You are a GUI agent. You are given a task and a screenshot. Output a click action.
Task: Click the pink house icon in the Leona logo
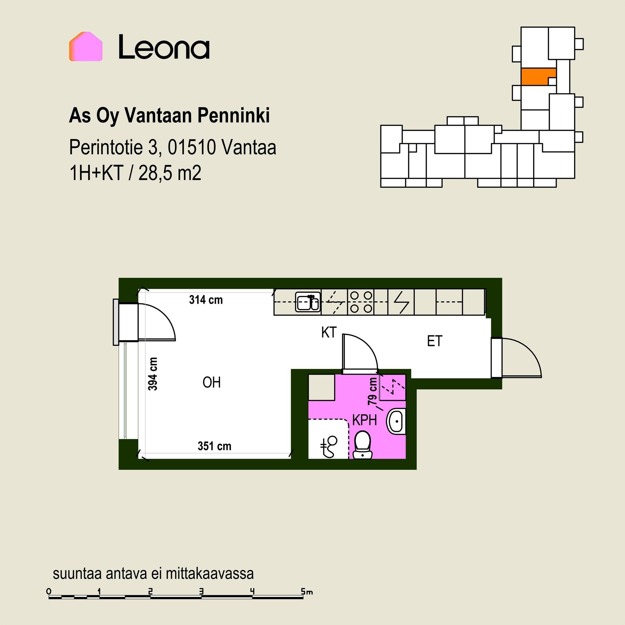click(x=86, y=47)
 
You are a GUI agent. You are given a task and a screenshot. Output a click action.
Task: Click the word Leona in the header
click(x=164, y=47)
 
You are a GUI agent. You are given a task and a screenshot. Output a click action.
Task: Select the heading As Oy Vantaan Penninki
click(x=169, y=116)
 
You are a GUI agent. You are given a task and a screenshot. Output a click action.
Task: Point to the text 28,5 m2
click(x=170, y=173)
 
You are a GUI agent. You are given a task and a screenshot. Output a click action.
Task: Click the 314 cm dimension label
click(x=206, y=300)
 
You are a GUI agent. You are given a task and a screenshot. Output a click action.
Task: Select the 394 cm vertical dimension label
click(x=153, y=374)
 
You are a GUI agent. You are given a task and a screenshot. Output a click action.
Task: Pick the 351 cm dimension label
click(x=215, y=446)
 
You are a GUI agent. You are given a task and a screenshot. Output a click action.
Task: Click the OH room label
click(x=212, y=382)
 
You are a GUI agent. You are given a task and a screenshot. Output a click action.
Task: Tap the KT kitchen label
click(x=329, y=333)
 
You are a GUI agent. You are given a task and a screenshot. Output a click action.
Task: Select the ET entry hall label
click(x=435, y=341)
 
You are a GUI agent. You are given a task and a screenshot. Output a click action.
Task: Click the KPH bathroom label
click(x=365, y=420)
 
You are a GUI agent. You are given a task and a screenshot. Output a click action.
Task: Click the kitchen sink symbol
click(x=308, y=302)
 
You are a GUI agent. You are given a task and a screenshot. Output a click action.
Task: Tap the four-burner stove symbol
click(x=361, y=302)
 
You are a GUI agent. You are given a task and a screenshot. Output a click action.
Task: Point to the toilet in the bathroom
click(x=362, y=445)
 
